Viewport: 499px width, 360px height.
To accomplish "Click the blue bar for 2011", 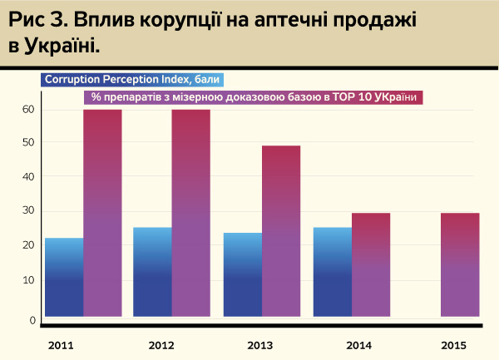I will coord(63,277).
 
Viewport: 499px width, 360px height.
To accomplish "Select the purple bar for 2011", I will coord(102,213).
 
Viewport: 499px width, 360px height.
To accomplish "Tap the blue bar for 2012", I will coord(152,272).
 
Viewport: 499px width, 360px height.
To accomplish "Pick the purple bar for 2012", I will coord(191,213).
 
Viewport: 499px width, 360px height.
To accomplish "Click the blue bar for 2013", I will coord(243,274).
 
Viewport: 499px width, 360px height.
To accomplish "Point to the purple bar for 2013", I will coord(281,231).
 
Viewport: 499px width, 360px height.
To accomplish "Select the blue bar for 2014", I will coord(333,272).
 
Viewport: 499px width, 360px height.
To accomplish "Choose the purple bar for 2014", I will coord(371,264).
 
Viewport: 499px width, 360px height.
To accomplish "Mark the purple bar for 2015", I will coord(460,264).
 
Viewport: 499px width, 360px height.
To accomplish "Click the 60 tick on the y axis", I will coord(27,109).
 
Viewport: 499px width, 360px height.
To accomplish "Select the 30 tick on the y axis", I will coord(27,210).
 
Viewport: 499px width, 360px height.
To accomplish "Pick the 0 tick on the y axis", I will coord(32,320).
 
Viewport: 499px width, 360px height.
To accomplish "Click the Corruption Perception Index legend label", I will coord(132,80).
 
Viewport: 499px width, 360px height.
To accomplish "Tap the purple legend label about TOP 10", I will coord(254,97).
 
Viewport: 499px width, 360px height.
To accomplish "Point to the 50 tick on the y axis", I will coord(27,142).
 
